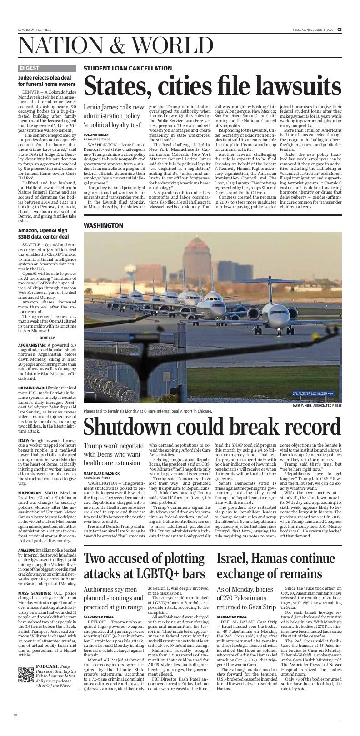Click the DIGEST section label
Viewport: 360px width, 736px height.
coord(30,68)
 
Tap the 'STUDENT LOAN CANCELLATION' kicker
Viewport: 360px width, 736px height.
coord(128,68)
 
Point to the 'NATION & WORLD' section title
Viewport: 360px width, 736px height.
coord(116,46)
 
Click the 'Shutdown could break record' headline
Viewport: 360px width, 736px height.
coord(212,427)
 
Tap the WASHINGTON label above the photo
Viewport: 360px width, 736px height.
coord(103,225)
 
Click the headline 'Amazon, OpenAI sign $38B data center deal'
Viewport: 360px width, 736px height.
coord(44,233)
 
